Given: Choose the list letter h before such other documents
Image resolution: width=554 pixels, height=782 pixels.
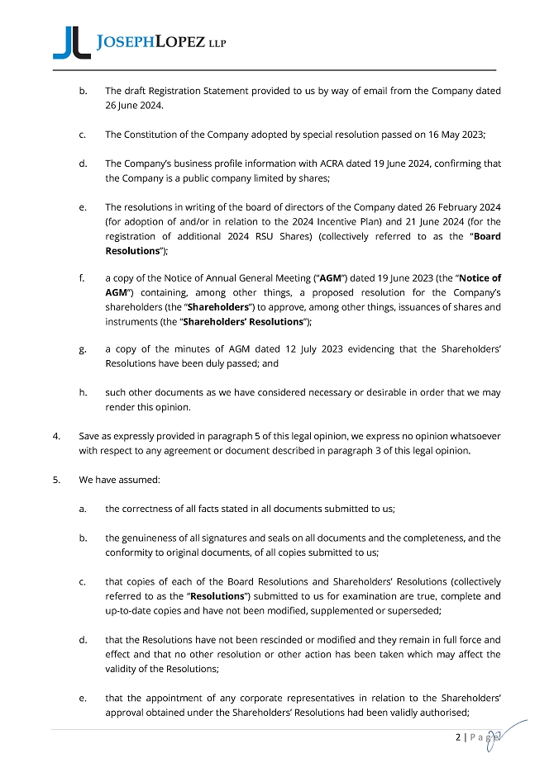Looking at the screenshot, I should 83,392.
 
